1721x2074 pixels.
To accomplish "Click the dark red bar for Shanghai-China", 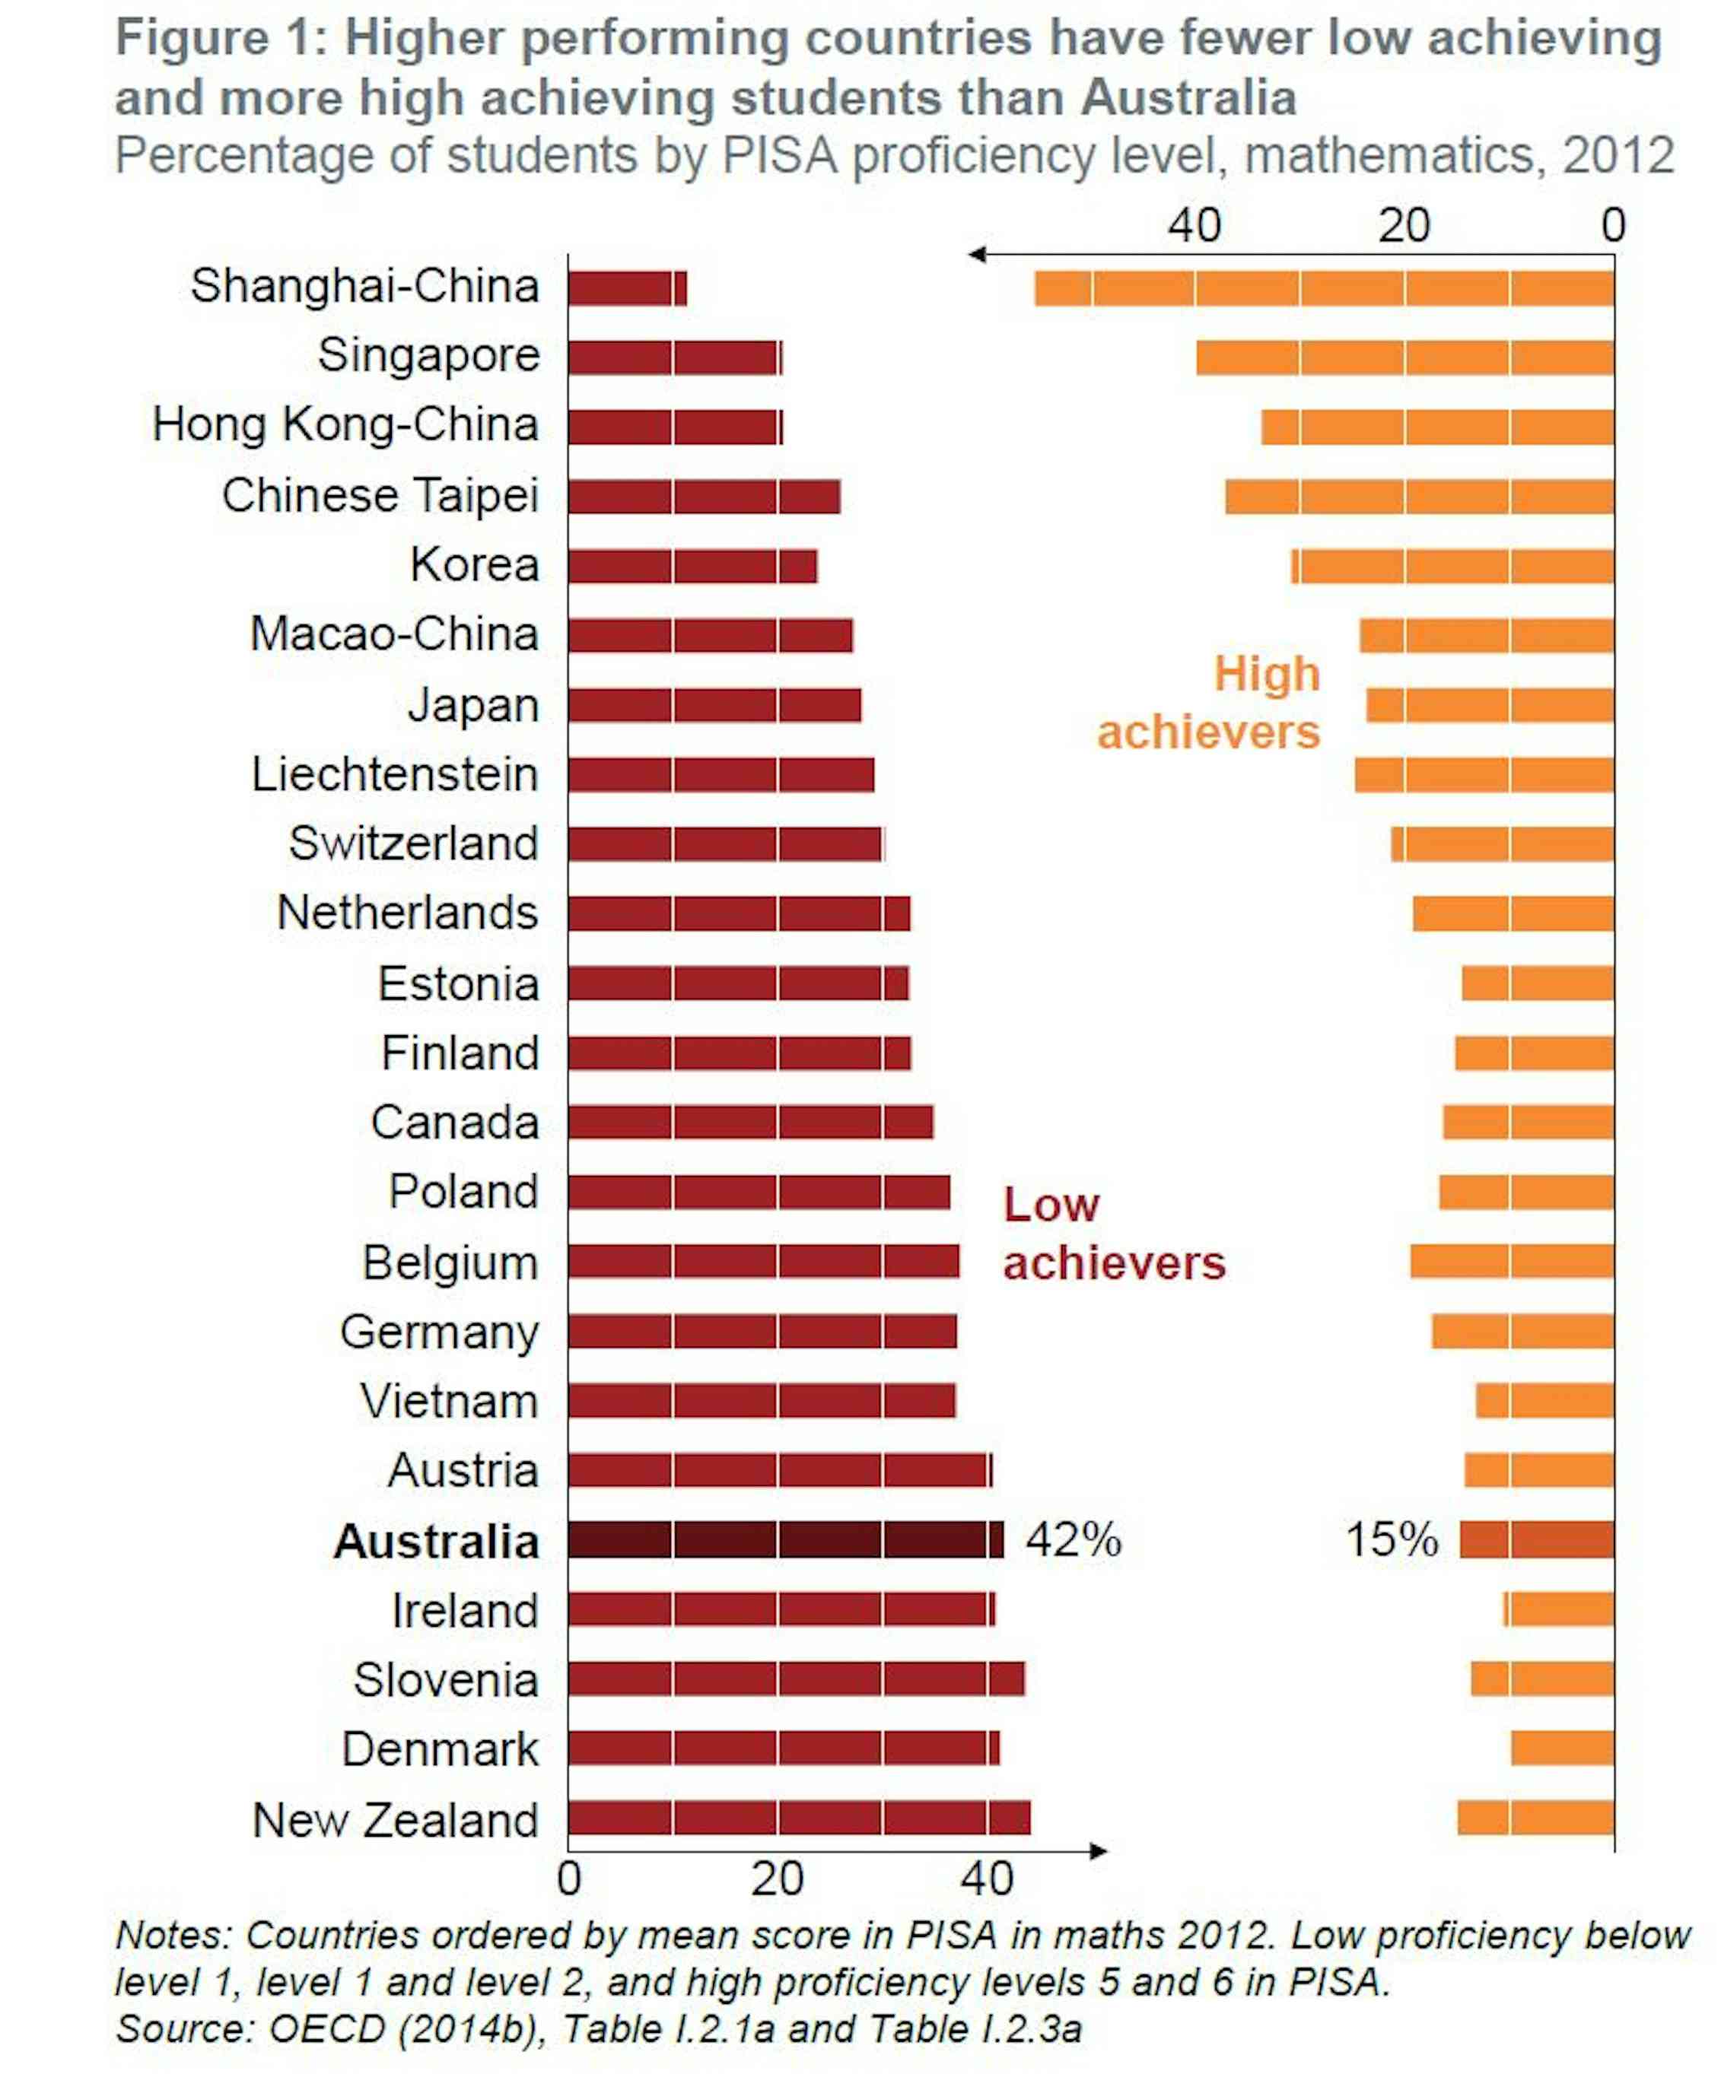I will tap(626, 288).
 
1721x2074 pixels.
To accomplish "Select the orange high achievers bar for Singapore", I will tap(1404, 357).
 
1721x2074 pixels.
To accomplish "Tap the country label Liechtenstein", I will tap(394, 774).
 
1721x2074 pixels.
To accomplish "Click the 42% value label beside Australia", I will tap(1073, 1539).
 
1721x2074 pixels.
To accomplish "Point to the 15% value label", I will tap(1391, 1539).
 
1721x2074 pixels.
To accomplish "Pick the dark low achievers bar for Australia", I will tap(784, 1539).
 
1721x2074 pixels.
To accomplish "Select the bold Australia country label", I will tap(436, 1542).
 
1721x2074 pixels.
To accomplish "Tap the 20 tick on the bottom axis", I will tap(777, 1879).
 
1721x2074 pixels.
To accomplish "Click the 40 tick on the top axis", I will tap(1194, 225).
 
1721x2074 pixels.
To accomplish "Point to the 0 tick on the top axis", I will tap(1612, 225).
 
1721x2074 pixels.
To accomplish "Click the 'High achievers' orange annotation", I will tap(1208, 704).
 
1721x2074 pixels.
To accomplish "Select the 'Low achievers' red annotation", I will tap(1112, 1234).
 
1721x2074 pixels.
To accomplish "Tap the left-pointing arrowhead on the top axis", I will tap(976, 255).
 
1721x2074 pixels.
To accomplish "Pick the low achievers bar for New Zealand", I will tap(798, 1818).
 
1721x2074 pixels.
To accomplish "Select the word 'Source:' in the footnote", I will tap(185, 2028).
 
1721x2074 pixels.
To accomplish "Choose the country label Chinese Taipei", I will tap(380, 496).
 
